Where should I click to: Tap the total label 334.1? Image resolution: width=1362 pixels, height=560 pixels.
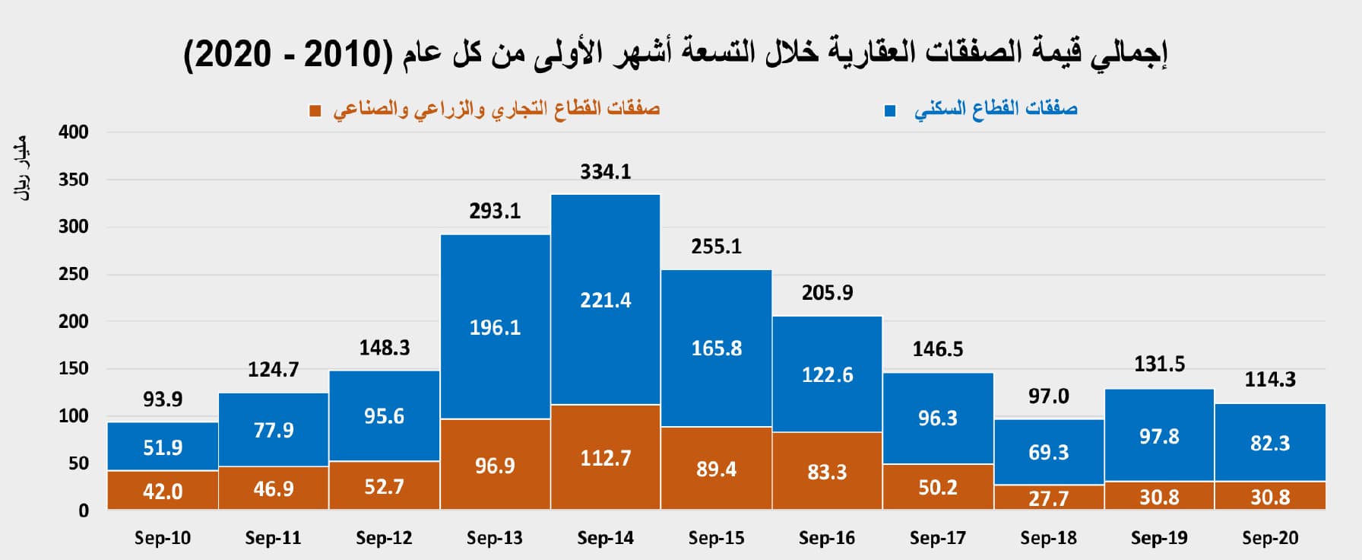tap(605, 172)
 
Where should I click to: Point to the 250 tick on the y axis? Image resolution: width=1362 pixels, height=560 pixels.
tap(74, 274)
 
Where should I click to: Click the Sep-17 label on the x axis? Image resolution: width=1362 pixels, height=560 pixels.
tap(937, 538)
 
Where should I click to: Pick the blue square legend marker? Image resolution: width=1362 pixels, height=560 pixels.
tap(890, 111)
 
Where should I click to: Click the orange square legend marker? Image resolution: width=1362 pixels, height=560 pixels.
tap(315, 111)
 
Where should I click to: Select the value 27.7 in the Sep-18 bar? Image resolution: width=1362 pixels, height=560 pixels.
tap(1048, 498)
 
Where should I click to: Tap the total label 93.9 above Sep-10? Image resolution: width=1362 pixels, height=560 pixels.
tap(163, 399)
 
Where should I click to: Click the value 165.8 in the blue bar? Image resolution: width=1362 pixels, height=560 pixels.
tap(716, 348)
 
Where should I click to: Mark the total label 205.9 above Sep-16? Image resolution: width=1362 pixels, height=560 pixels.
tap(827, 293)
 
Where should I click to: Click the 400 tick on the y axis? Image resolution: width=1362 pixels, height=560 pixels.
tap(74, 132)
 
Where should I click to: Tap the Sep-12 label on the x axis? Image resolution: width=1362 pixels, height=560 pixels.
tap(384, 538)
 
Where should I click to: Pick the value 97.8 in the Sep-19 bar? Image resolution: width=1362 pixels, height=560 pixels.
tap(1159, 437)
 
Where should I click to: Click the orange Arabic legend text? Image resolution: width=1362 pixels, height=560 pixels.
tap(496, 110)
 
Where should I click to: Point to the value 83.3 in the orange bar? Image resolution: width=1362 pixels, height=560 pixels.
tap(827, 473)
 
